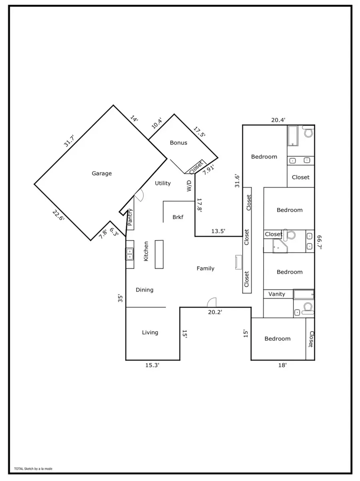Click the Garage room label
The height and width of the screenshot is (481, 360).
[102, 174]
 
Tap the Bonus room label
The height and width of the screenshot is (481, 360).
[178, 143]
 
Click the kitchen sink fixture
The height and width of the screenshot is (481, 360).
[130, 253]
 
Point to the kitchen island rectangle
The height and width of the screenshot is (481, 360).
[159, 254]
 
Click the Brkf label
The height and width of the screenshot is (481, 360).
[178, 217]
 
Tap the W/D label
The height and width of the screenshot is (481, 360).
[189, 186]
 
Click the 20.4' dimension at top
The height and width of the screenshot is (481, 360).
[278, 120]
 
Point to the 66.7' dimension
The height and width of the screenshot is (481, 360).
[319, 242]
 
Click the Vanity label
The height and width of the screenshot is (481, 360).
[277, 294]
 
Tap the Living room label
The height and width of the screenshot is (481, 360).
[150, 332]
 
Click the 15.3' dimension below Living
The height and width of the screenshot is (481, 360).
[152, 365]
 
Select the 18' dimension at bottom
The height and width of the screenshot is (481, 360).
[282, 365]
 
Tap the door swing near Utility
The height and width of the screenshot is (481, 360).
[139, 195]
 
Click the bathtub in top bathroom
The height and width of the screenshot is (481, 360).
[293, 136]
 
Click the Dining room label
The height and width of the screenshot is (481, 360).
[144, 290]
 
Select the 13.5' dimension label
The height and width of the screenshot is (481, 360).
[218, 231]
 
